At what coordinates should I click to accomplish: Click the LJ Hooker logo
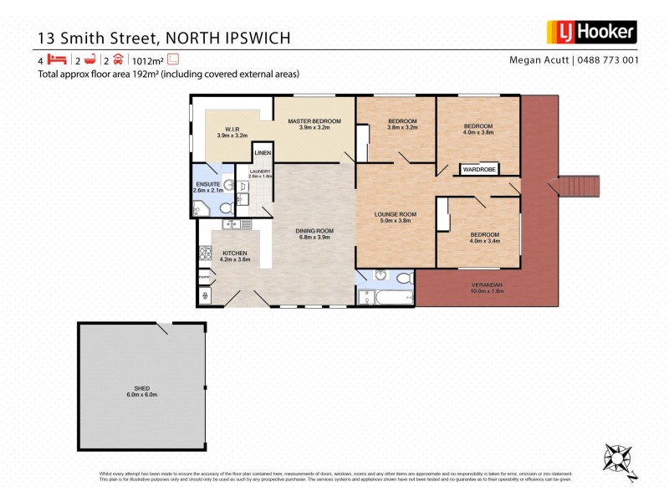[x=591, y=33]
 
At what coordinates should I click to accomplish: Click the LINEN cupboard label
[x=263, y=154]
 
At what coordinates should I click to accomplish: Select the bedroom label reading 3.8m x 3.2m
[x=402, y=124]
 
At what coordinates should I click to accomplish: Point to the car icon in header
[x=118, y=59]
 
